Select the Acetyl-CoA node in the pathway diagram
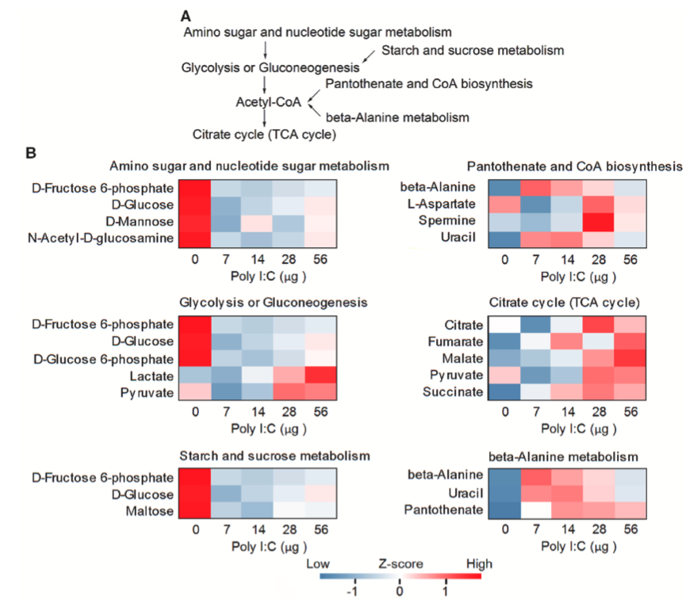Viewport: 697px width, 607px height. click(268, 102)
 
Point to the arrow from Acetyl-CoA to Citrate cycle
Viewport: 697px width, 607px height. click(267, 119)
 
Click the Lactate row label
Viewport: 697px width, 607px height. click(151, 374)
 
